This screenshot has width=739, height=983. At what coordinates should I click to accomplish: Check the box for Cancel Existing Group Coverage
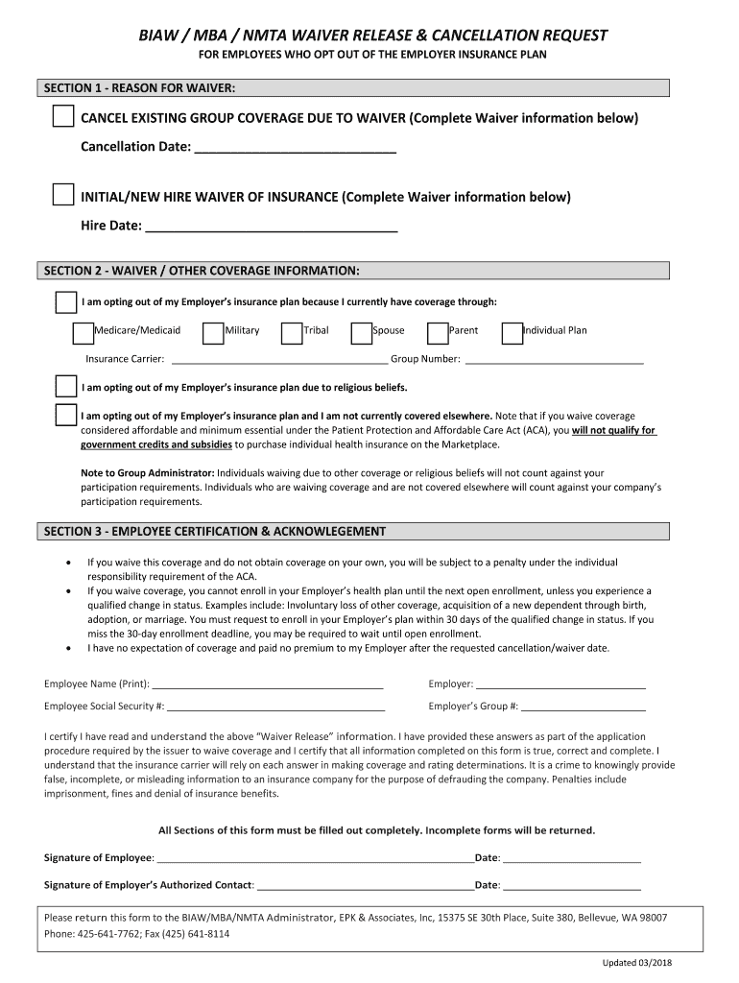(62, 117)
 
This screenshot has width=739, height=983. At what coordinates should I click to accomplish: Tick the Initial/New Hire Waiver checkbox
(62, 195)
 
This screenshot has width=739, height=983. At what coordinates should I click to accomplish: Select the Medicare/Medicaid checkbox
(83, 332)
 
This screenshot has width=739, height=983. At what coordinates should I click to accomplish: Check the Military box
(213, 332)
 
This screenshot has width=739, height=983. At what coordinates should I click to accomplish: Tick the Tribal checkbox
(291, 332)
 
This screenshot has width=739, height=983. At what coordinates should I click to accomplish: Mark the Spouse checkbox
(361, 332)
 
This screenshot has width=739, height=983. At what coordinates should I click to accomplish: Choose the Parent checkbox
(437, 332)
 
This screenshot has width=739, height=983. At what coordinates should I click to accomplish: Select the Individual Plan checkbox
(512, 332)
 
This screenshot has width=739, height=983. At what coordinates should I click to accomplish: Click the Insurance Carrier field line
(277, 361)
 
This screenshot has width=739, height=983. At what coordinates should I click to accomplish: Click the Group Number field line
(553, 361)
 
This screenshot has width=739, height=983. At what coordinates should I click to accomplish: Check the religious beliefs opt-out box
(65, 387)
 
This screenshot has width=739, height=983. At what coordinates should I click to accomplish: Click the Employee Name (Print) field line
(268, 685)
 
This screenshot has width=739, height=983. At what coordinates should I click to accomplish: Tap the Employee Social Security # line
(276, 707)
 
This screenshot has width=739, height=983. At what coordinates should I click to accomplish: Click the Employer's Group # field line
(584, 707)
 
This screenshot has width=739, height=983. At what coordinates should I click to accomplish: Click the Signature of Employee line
(315, 859)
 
